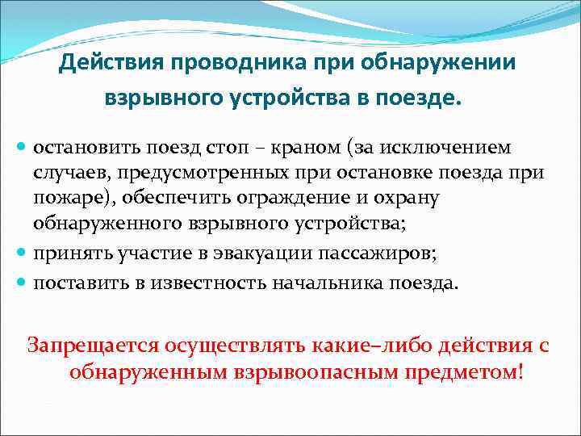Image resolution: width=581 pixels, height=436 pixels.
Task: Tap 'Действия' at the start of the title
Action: (x=108, y=63)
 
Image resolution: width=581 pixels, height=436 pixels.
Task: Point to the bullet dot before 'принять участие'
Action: (x=22, y=254)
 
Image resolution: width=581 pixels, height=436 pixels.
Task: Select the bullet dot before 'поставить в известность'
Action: (x=22, y=282)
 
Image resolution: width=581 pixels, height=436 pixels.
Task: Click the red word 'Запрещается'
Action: (x=92, y=345)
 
